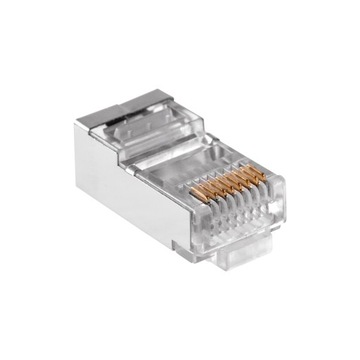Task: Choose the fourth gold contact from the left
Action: click(223, 185)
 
